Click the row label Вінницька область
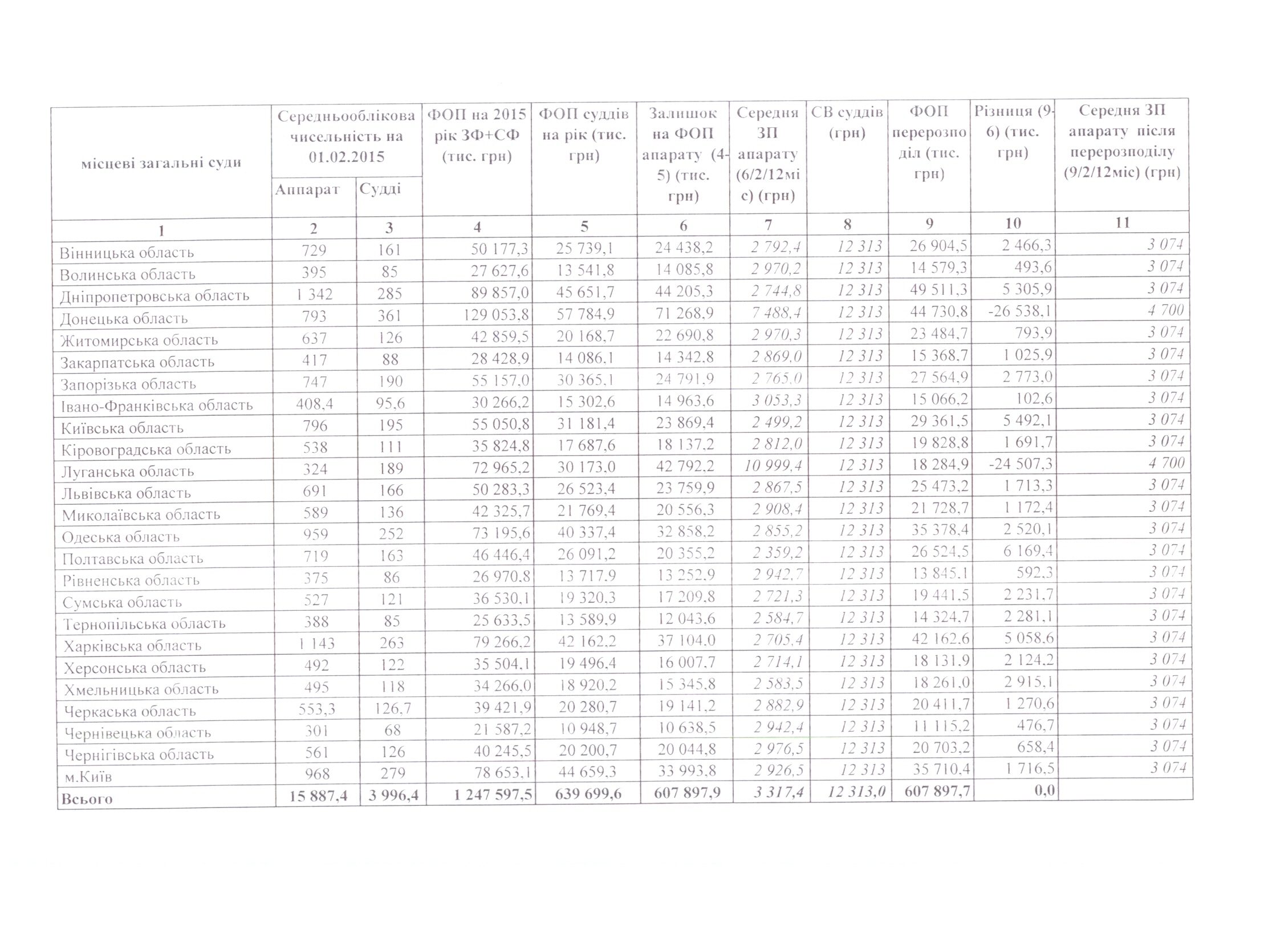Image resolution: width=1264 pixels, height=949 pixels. coord(127,253)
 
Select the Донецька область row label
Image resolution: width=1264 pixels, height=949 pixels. coord(124,318)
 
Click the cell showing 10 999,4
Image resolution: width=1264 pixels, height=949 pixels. coord(773,466)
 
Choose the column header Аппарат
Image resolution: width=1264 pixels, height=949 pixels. coord(307,190)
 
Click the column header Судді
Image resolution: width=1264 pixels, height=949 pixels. coord(380,189)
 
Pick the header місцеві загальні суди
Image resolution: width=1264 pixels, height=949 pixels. coord(161,163)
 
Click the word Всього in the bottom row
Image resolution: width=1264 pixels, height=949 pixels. coord(87,798)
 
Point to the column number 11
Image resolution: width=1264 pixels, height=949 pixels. coord(1122,222)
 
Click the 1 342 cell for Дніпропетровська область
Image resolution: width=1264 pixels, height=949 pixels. coord(314,294)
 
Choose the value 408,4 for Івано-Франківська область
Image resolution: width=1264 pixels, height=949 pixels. coord(314,404)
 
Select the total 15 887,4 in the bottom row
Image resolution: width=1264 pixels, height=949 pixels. coord(318,795)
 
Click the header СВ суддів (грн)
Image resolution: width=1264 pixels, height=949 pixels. coord(847,123)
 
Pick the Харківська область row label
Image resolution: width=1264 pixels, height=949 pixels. coord(133,646)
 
